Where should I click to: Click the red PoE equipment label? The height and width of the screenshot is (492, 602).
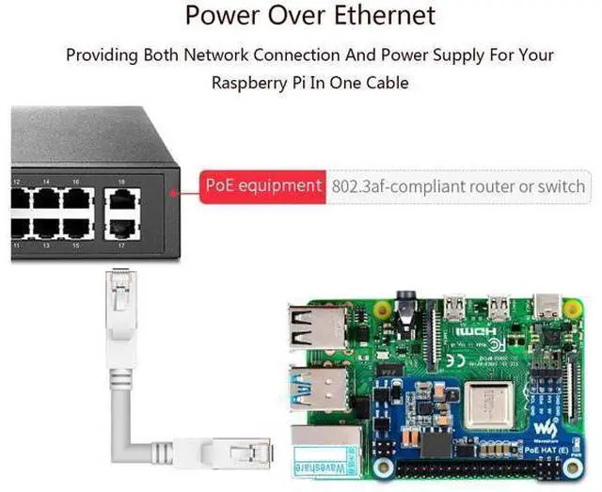pos(262,185)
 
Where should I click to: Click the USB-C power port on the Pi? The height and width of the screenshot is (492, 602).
pos(548,305)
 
